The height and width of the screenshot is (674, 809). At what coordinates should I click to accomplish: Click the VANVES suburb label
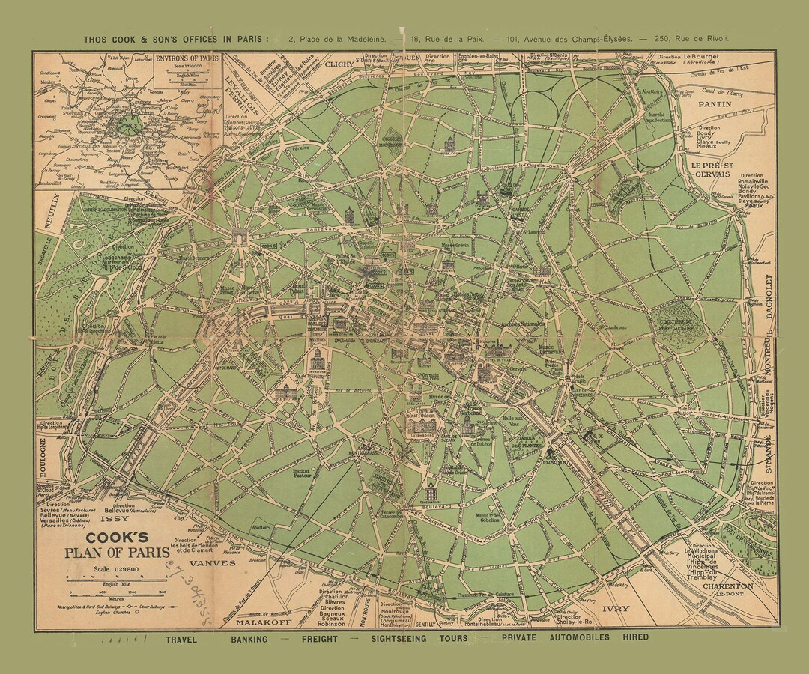click(x=212, y=562)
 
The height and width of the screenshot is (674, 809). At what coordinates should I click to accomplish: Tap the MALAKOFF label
click(x=259, y=622)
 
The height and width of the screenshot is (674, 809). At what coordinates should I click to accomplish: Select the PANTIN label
click(x=714, y=105)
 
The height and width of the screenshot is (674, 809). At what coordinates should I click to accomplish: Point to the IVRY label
click(x=614, y=609)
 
